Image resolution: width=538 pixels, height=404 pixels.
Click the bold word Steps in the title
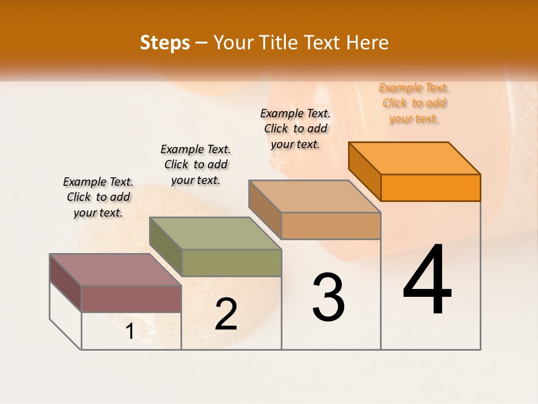tap(165, 43)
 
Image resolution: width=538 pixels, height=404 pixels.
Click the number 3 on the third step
tap(328, 297)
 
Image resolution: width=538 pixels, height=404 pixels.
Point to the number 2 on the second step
tap(226, 314)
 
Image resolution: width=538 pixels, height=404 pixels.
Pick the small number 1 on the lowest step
tap(130, 332)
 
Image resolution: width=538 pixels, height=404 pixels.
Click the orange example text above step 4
tap(414, 103)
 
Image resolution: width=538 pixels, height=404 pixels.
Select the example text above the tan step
tap(295, 128)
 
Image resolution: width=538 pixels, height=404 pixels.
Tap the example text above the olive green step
tap(196, 164)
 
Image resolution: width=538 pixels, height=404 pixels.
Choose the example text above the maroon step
tap(98, 197)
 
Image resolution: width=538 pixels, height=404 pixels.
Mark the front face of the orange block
tap(430, 187)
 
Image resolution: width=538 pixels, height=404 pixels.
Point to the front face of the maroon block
tap(131, 299)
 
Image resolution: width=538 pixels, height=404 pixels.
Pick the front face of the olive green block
tap(231, 263)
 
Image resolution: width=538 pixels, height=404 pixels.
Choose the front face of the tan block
tap(331, 226)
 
